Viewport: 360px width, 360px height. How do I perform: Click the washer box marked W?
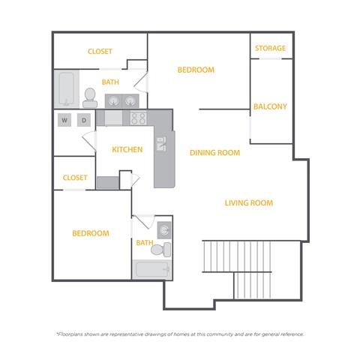click(x=64, y=120)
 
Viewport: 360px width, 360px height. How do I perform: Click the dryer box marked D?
click(x=84, y=120)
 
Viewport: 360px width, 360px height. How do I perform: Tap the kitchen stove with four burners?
click(x=138, y=118)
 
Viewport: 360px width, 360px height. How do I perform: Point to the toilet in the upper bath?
click(x=90, y=96)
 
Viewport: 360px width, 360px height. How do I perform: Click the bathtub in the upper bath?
click(x=65, y=89)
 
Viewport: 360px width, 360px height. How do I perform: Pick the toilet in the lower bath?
click(x=165, y=249)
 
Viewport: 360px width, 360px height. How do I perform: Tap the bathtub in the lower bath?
click(x=152, y=269)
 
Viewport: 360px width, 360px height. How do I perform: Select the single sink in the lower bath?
click(x=165, y=230)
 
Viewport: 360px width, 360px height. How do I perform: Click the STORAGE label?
click(x=270, y=49)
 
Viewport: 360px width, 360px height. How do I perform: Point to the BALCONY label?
click(x=270, y=106)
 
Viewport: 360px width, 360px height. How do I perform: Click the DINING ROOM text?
click(x=214, y=153)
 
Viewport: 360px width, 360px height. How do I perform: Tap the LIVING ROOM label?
click(x=249, y=202)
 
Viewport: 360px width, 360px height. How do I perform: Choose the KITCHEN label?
click(x=127, y=149)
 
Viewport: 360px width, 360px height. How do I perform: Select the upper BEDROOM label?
click(x=196, y=70)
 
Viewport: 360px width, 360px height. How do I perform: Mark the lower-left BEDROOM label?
click(x=90, y=233)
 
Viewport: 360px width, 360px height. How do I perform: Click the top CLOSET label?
click(x=100, y=52)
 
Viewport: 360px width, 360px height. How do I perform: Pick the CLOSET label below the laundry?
click(x=75, y=178)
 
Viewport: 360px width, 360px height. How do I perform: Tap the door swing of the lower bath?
click(x=142, y=222)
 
